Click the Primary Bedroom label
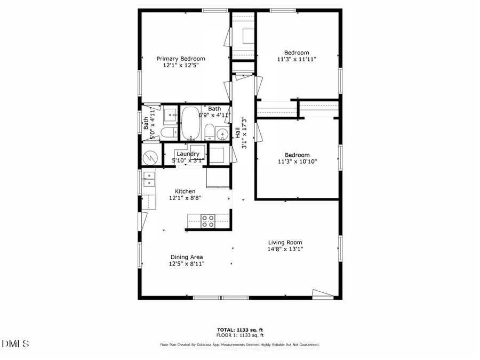click(180, 59)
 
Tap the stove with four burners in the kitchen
click(209, 221)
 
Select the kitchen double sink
click(149, 179)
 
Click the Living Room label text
click(285, 242)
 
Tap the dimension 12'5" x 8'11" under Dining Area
click(186, 263)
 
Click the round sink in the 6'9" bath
click(222, 133)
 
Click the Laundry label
click(188, 154)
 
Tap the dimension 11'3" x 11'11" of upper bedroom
click(296, 59)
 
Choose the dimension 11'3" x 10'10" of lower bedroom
click(297, 162)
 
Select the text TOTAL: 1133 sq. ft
click(239, 330)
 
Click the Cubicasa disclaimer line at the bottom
click(239, 345)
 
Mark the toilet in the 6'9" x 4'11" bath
click(209, 132)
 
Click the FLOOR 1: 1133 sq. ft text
click(239, 335)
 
